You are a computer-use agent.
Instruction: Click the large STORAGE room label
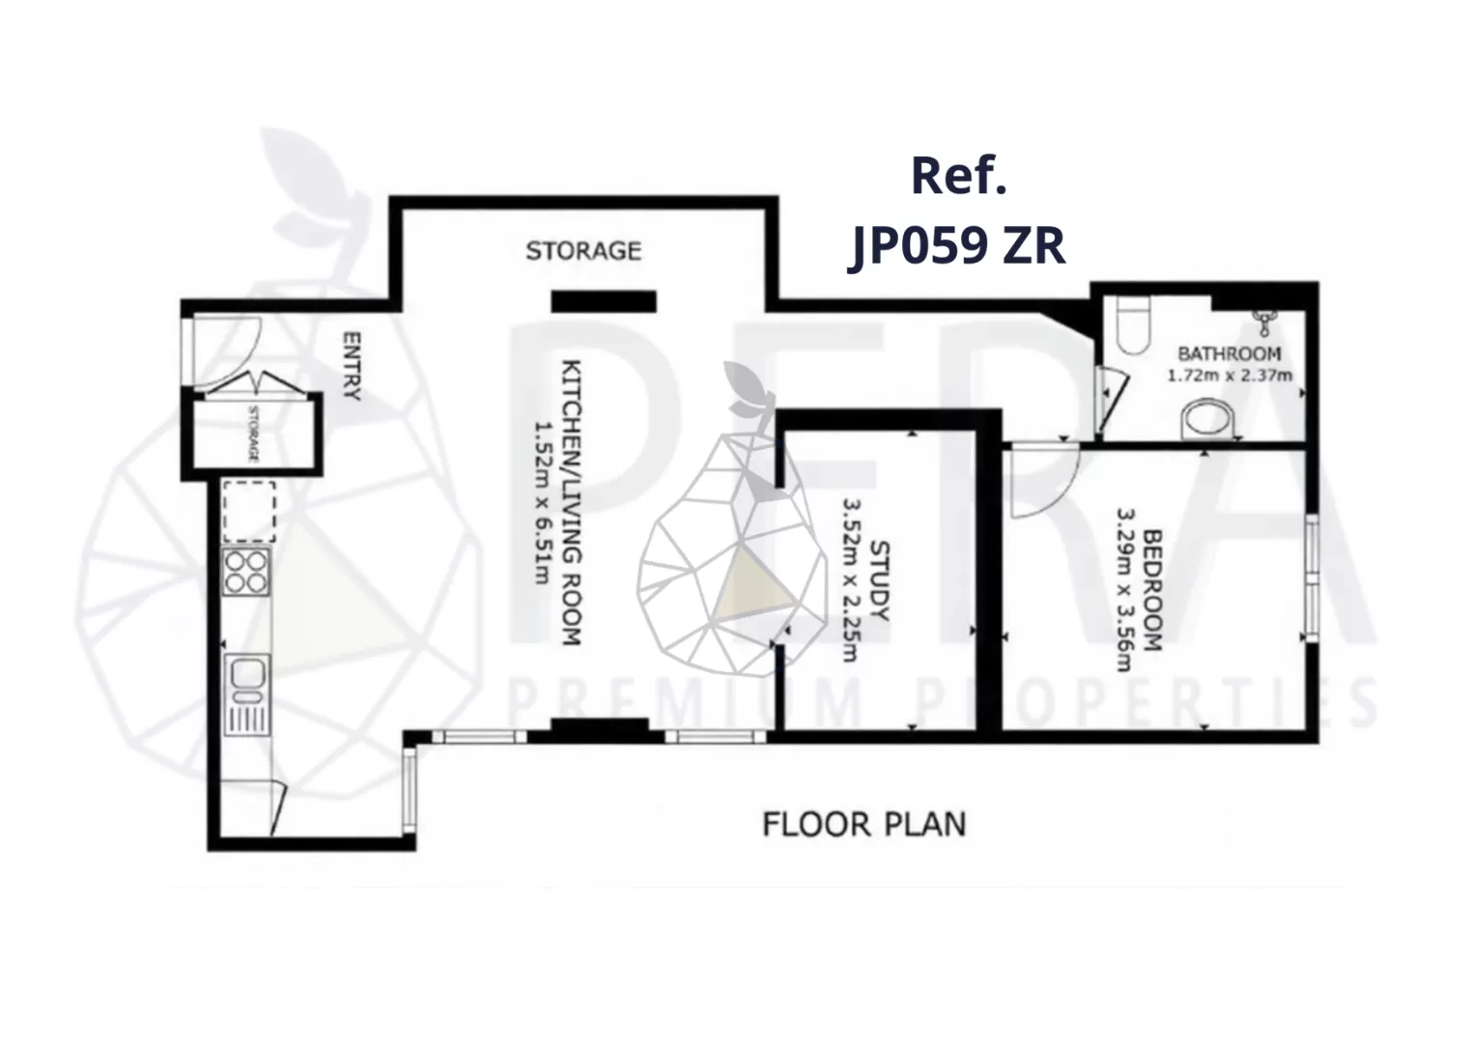tap(583, 251)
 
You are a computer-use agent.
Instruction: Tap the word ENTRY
tap(352, 366)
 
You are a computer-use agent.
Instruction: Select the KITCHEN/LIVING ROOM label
tap(572, 502)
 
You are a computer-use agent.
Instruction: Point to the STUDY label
tap(879, 581)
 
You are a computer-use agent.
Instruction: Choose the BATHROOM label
tap(1230, 353)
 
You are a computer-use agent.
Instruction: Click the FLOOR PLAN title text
tap(864, 825)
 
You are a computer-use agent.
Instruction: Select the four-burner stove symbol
tap(246, 572)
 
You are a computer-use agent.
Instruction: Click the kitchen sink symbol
tap(246, 693)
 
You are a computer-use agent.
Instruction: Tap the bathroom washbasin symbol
tap(1208, 420)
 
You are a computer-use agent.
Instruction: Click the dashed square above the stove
tap(249, 511)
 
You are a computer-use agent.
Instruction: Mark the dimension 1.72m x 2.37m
tap(1230, 376)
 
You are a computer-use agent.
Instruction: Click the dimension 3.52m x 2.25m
tap(851, 581)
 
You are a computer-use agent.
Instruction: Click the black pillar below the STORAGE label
tap(603, 301)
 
